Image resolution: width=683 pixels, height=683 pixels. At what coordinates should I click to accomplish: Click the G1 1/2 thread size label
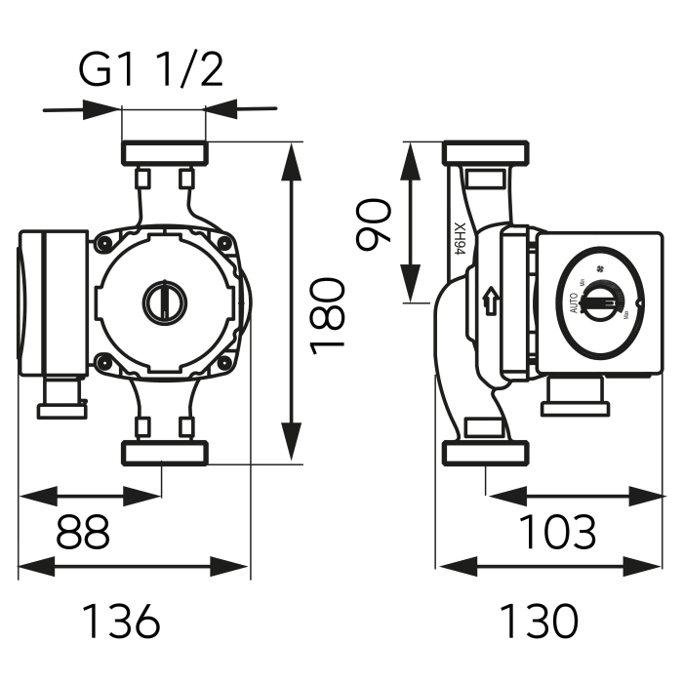[150, 70]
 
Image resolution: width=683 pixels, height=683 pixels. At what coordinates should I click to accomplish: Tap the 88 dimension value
[82, 532]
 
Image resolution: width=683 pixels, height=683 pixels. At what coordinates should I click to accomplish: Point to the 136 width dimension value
[119, 621]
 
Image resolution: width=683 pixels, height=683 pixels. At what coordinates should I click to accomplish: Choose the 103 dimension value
[556, 532]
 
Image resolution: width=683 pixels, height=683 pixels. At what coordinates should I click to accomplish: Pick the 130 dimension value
[539, 621]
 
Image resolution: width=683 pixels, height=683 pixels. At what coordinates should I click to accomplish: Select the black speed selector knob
[594, 303]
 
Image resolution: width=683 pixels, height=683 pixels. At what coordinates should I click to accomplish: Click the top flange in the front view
[164, 153]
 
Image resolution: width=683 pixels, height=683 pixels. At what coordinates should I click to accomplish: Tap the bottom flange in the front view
[164, 453]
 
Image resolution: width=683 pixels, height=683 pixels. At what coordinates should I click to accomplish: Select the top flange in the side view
[486, 153]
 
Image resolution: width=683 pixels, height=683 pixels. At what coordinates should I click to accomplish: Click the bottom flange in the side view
[486, 453]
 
